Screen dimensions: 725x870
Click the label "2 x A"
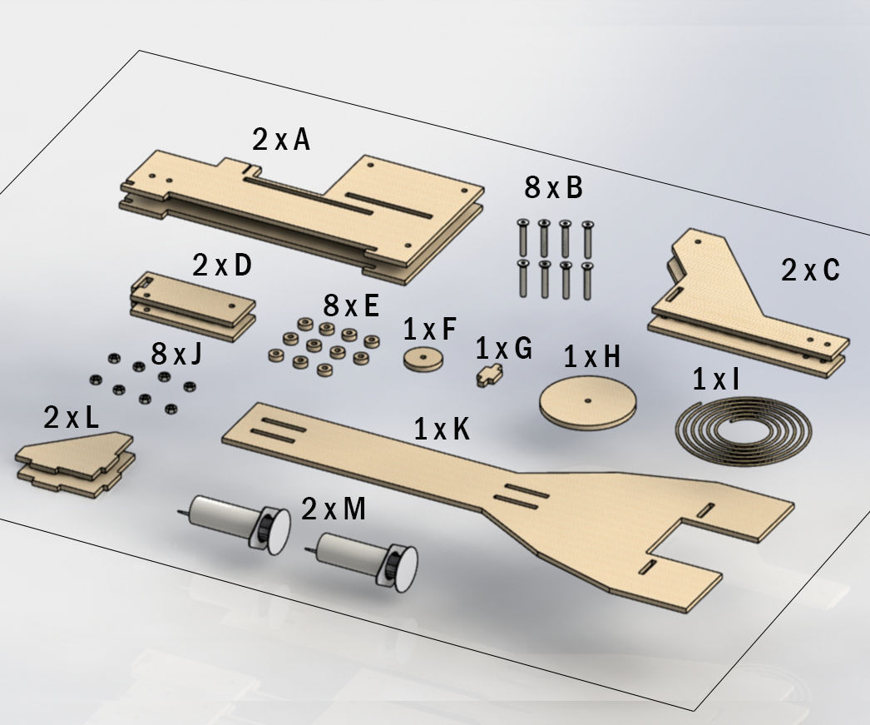click(281, 140)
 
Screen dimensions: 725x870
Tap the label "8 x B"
click(553, 188)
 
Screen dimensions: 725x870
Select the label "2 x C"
click(810, 270)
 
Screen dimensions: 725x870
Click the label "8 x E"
click(350, 306)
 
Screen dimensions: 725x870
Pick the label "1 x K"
click(442, 430)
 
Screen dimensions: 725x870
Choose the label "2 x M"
click(333, 509)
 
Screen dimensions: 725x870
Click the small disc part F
click(424, 360)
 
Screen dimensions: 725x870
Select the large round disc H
click(588, 405)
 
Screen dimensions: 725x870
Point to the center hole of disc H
click(588, 400)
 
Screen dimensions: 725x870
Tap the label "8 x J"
click(176, 355)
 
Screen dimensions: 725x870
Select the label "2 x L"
click(71, 417)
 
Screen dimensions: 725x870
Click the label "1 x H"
click(591, 357)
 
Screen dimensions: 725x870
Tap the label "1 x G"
click(503, 349)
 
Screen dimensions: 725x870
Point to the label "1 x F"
click(429, 329)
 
